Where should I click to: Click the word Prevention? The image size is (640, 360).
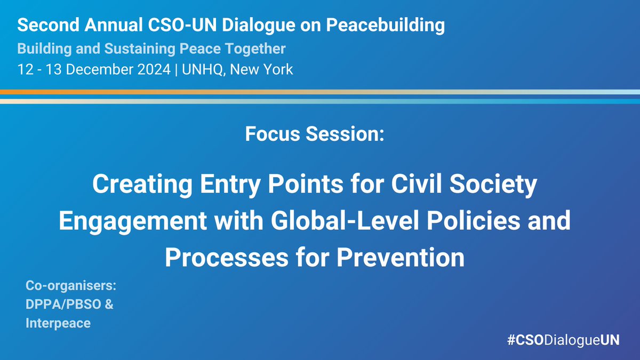coord(398,258)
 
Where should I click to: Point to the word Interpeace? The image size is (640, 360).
coord(58,323)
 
